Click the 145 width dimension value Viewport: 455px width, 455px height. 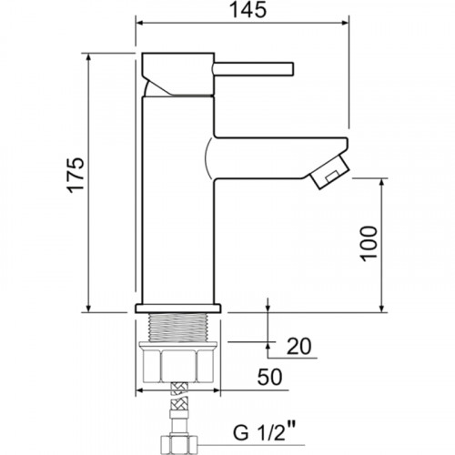[248, 10]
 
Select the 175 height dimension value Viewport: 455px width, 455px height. [76, 175]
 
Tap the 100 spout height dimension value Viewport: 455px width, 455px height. [369, 243]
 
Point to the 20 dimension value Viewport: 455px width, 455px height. [298, 347]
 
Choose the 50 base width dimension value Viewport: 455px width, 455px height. [269, 377]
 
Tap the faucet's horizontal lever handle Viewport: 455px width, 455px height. [254, 69]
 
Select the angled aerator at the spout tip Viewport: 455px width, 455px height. [329, 172]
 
